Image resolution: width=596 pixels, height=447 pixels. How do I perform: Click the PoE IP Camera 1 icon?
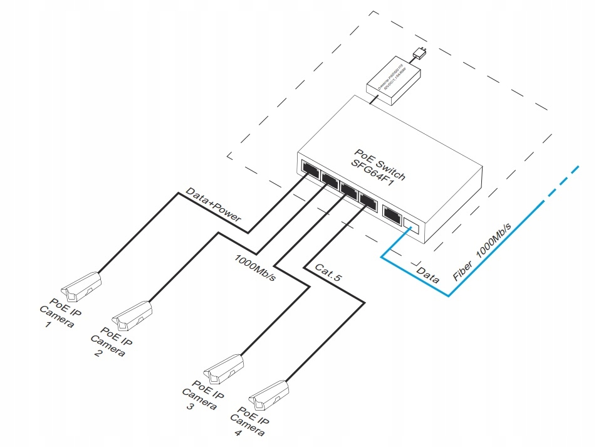(80, 285)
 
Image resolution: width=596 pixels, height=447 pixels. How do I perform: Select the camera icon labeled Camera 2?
(132, 316)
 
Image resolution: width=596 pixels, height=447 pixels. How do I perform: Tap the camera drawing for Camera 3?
(223, 369)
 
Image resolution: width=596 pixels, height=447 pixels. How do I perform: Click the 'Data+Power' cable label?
(213, 206)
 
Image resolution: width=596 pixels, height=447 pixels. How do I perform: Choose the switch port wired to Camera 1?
(310, 169)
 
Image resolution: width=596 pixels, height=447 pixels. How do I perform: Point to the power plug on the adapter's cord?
(421, 52)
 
